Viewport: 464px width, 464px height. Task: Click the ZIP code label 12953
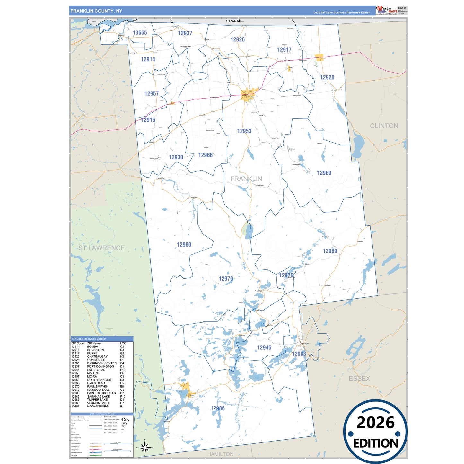coord(244,131)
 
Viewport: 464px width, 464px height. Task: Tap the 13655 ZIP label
coord(140,33)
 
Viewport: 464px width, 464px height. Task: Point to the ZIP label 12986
coord(217,408)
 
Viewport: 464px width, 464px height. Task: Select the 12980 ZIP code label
coord(184,245)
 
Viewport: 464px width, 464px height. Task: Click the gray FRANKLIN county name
coord(246,179)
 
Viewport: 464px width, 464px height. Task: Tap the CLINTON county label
coord(384,126)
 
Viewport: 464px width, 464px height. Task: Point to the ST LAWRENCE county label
coord(101,248)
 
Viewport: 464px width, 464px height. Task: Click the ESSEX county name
coord(359,379)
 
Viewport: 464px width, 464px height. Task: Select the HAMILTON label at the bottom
coord(220,454)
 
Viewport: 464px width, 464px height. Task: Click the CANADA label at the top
coord(233,21)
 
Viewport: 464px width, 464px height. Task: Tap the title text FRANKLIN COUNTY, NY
coord(96,11)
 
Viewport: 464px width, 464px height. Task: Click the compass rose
coord(145,447)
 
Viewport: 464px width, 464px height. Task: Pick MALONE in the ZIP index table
coord(93,373)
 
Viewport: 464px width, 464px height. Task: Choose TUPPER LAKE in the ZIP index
coord(97,400)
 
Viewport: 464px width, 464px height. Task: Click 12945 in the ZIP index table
coord(75,370)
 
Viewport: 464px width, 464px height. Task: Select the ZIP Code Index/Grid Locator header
coord(89,339)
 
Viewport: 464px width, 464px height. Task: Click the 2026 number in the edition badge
coord(375,423)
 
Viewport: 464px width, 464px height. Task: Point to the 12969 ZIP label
coord(324,173)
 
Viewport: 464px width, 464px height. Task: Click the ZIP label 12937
coord(185,33)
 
